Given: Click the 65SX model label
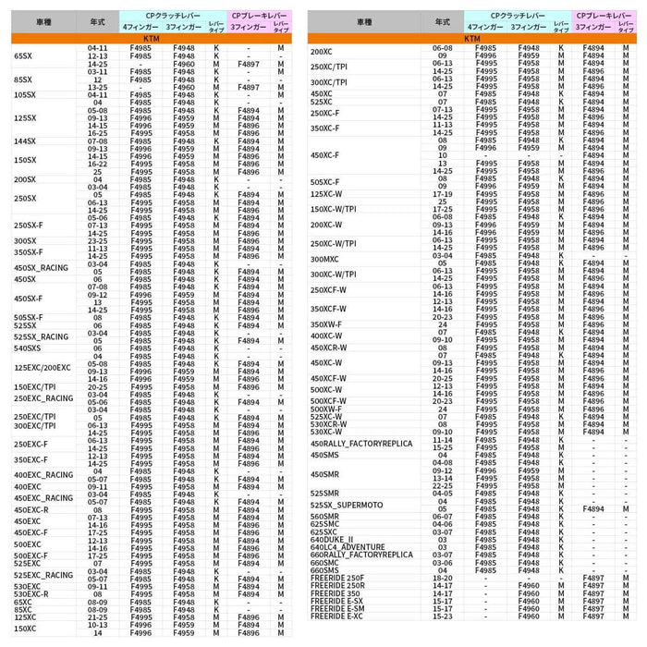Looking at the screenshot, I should click(23, 55).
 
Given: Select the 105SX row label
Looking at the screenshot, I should click(26, 94).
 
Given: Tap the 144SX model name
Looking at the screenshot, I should click(26, 141).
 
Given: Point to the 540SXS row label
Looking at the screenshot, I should click(28, 348).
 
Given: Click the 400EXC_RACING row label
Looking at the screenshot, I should click(43, 475).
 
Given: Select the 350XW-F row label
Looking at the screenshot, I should click(326, 324).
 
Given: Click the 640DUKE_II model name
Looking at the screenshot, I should click(332, 539).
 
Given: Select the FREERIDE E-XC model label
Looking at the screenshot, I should click(337, 616).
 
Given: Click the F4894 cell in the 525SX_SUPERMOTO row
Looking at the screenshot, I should click(593, 507).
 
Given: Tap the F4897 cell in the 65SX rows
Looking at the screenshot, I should click(248, 64).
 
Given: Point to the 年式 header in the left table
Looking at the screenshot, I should click(97, 21).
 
